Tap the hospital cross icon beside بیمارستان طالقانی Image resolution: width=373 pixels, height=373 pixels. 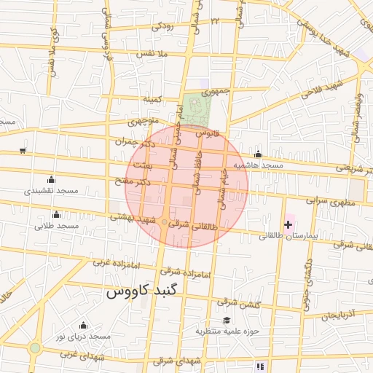pyautogui.click(x=289, y=225)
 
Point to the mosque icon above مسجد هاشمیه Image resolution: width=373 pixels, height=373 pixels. pyautogui.click(x=258, y=154)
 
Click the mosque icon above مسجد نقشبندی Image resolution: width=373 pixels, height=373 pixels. pyautogui.click(x=50, y=180)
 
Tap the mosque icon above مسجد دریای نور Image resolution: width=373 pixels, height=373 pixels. pyautogui.click(x=82, y=326)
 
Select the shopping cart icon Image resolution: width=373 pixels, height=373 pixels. pyautogui.click(x=23, y=151)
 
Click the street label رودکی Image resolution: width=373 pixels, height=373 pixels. pyautogui.click(x=162, y=26)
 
